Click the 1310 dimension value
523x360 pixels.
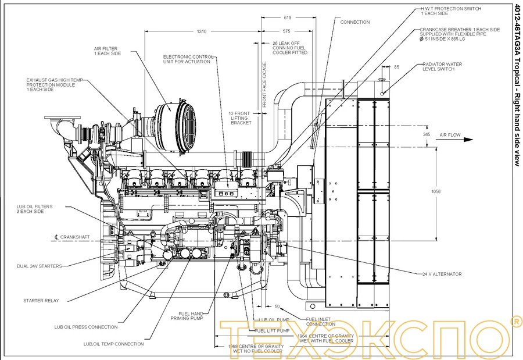[x=202, y=31]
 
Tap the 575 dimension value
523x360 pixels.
[x=286, y=31]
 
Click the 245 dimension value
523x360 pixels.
[x=427, y=135]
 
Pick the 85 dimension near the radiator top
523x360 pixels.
[x=396, y=67]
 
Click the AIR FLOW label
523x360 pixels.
[x=450, y=135]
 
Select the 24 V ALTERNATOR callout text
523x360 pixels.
[x=442, y=274]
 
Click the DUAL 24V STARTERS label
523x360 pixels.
[x=40, y=266]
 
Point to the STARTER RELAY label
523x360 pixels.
[x=41, y=301]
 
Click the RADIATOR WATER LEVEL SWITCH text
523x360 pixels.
[x=442, y=66]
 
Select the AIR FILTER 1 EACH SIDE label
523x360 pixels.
[x=108, y=51]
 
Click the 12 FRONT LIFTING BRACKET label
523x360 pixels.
[x=241, y=118]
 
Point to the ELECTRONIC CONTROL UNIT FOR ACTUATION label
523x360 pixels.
[x=188, y=59]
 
